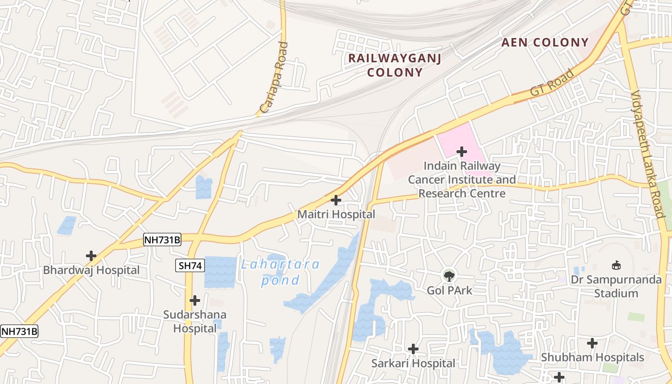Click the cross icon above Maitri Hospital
point(336,200)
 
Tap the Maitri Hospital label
point(336,215)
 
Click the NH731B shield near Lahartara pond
point(162,240)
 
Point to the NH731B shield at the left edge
point(19,331)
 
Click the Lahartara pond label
point(280,272)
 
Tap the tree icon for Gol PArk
point(449,276)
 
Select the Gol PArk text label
point(449,290)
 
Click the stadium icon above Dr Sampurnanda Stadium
point(616,265)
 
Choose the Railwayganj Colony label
point(395,65)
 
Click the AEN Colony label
point(545,43)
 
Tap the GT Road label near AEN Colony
point(552,83)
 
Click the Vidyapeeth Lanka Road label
point(648,154)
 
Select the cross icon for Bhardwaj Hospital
point(91,256)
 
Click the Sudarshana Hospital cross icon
point(195,300)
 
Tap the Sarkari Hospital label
point(413,363)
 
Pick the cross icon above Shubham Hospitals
point(592,343)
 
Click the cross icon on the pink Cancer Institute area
point(461,152)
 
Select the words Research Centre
point(462,193)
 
